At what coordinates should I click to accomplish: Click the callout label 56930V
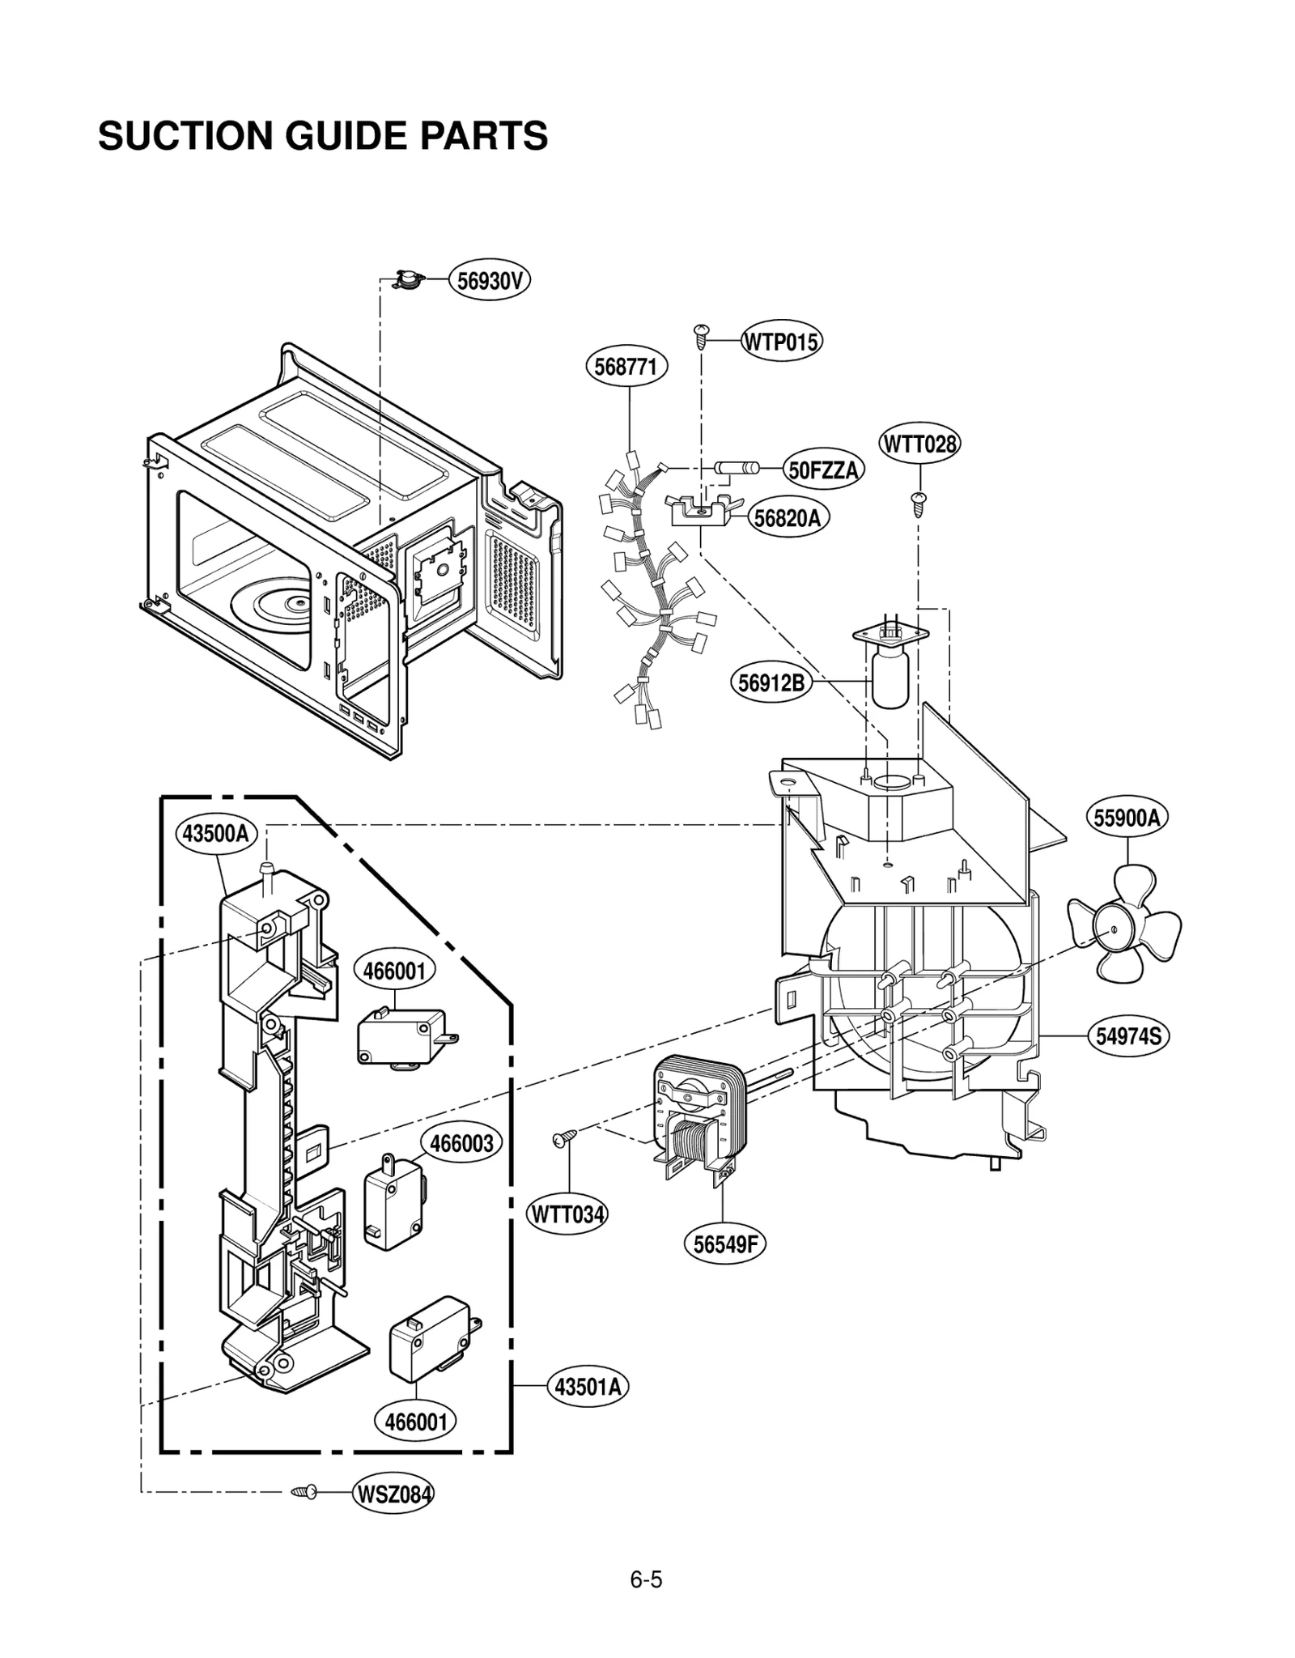489,281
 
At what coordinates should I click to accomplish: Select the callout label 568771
626,367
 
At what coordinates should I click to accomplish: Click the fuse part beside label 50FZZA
736,467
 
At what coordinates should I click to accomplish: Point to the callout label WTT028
919,444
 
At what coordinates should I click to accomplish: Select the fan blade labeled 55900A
1123,923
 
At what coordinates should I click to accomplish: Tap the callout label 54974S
1127,1035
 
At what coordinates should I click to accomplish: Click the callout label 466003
461,1144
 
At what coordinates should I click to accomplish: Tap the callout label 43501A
588,1387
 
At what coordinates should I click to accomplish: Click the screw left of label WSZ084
305,1491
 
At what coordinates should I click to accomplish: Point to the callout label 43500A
215,833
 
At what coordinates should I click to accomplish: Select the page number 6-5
646,1579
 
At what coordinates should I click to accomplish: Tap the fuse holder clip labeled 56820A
698,511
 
